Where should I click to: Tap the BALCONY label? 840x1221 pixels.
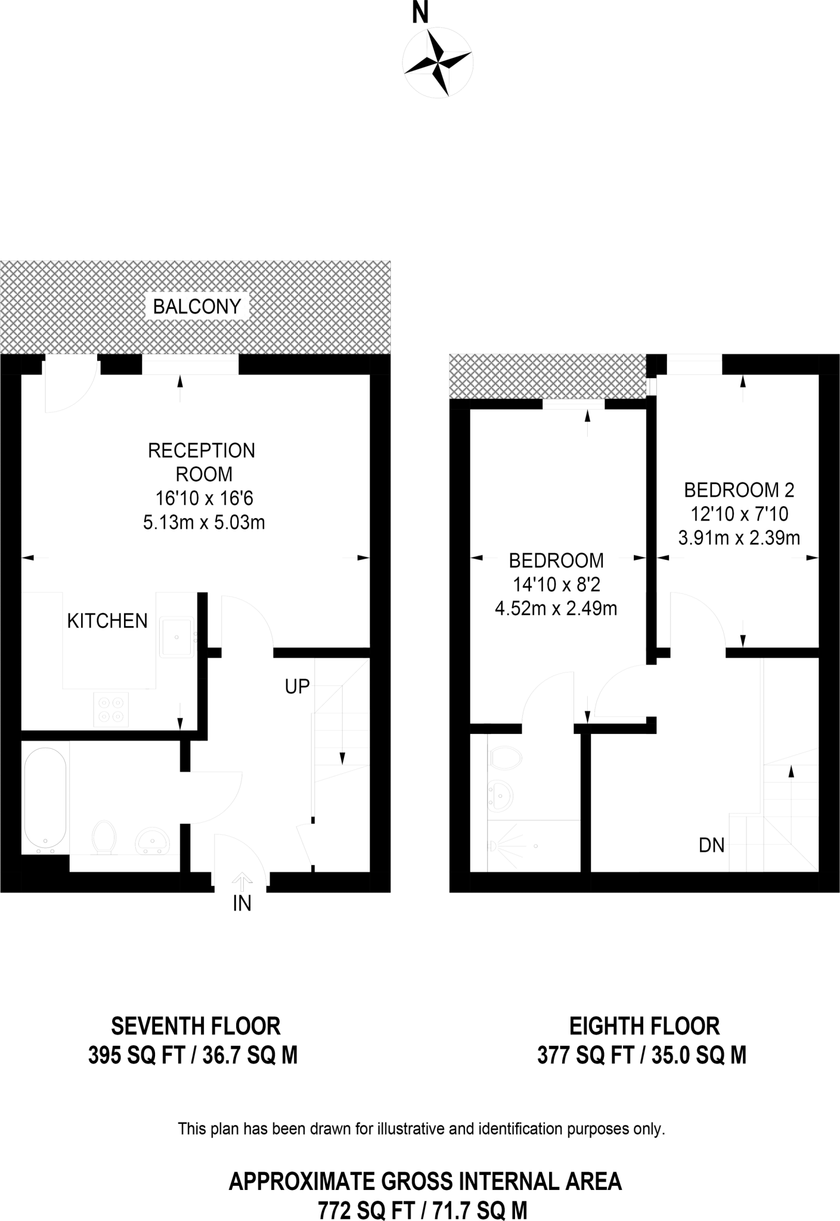click(x=197, y=306)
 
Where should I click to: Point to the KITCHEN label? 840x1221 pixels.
click(x=107, y=621)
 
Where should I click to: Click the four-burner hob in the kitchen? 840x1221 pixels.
click(x=111, y=709)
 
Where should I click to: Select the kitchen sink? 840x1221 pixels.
click(x=176, y=637)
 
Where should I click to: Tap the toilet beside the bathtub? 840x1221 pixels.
click(x=104, y=837)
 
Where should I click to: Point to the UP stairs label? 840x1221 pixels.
click(x=297, y=687)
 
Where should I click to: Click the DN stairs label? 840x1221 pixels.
click(x=711, y=845)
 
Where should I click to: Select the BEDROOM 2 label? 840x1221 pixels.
click(x=739, y=490)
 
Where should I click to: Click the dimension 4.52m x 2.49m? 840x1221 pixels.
click(x=556, y=609)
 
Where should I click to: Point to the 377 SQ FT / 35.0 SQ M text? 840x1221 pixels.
click(x=641, y=1055)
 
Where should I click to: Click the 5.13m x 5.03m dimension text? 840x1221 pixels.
click(x=204, y=523)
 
